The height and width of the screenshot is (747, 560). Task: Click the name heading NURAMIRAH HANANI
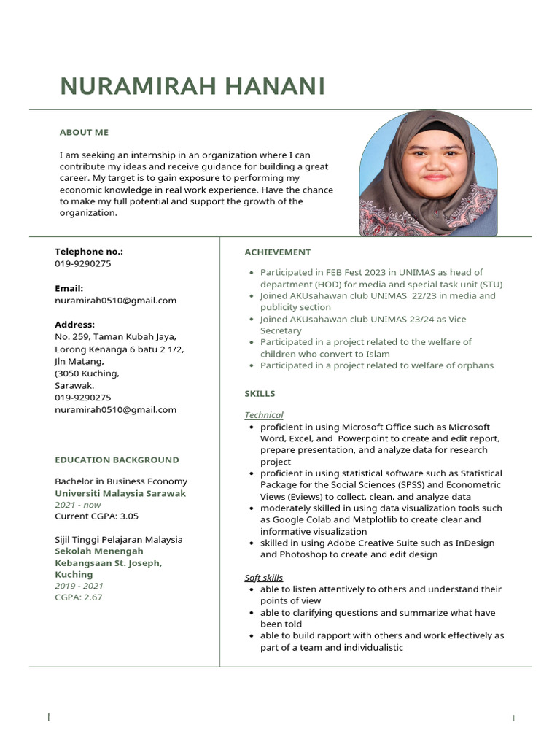point(192,86)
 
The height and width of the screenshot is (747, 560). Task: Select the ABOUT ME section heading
point(84,132)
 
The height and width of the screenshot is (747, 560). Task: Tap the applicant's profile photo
point(428,174)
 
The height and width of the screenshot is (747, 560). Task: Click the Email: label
point(69,288)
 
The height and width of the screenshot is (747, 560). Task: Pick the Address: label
point(75,325)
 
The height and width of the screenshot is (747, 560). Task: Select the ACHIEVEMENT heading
point(277,252)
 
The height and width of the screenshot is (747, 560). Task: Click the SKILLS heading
point(260,394)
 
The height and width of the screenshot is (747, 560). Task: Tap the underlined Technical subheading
point(263,415)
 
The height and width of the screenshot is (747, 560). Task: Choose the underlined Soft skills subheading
point(263,578)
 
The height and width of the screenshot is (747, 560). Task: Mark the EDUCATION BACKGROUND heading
point(117,460)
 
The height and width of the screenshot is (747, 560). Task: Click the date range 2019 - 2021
point(79,586)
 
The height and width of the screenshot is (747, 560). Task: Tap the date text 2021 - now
point(78,505)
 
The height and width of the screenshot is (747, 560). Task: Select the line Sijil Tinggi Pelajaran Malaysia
point(118,540)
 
